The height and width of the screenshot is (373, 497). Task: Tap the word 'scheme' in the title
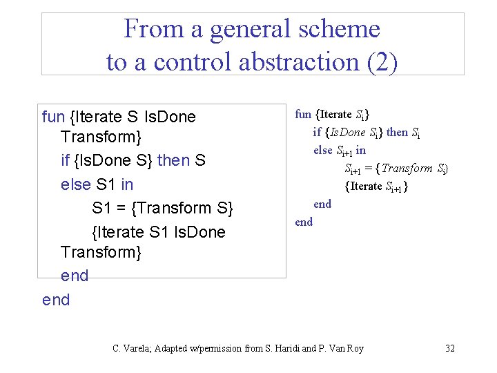(342, 29)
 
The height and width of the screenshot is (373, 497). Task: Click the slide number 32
(449, 348)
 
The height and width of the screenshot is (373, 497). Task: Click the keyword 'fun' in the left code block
(53, 117)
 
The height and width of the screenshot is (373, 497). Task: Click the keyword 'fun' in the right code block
(303, 115)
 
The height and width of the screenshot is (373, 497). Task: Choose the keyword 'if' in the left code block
(66, 161)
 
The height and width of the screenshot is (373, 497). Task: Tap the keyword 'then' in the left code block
(173, 161)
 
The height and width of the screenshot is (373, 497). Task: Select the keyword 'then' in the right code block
(397, 132)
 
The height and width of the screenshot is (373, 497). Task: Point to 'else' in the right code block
(322, 150)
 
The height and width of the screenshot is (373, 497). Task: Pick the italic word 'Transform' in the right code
(407, 168)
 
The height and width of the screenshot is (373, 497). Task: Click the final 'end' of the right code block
(304, 222)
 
